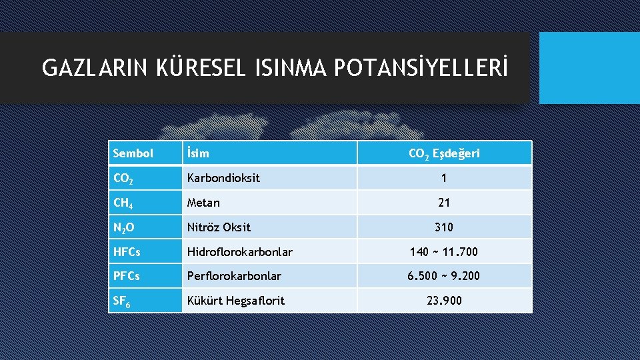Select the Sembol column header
coord(133,153)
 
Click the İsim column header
coord(198,153)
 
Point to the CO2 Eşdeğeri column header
coord(444,153)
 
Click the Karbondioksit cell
coord(223,178)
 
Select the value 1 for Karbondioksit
coord(444,178)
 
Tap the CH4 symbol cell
coord(123,203)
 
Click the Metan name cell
coord(203,203)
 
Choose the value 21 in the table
coord(444,203)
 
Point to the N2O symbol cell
coord(123,228)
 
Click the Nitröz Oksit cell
coord(219,227)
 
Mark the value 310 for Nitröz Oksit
coord(444,227)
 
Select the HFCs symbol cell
coord(127,251)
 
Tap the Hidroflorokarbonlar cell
coord(239,251)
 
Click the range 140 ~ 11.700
coord(444,251)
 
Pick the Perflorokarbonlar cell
coord(234,276)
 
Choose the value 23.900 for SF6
coord(444,301)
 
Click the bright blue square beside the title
coord(589,68)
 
